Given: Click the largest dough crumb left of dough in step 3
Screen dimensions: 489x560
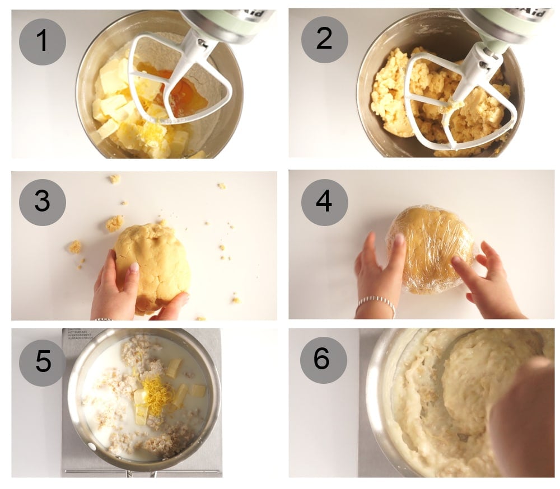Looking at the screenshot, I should coord(114,224).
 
